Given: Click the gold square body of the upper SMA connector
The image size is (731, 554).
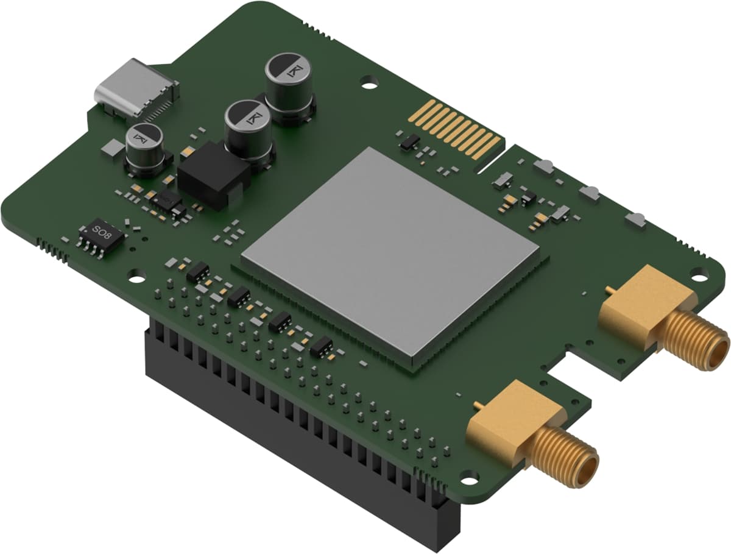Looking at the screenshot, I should [x=643, y=302].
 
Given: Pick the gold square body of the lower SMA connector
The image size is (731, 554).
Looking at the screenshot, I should [x=512, y=421].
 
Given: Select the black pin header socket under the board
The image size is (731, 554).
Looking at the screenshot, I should [x=292, y=427].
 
